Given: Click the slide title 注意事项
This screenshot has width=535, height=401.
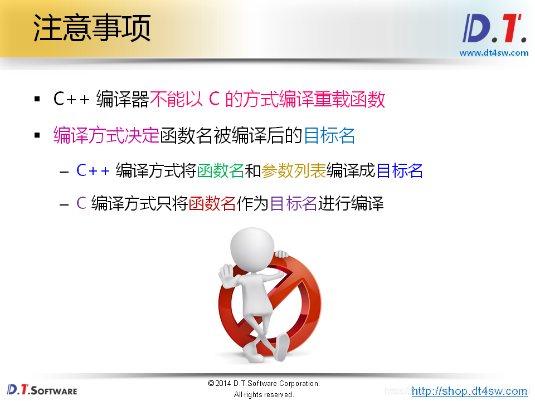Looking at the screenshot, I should click(92, 28).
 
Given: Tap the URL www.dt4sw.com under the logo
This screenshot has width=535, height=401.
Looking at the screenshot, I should click(494, 53).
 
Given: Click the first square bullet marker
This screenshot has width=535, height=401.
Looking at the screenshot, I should click(37, 100).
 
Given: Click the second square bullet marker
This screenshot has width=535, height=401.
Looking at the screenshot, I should click(37, 135).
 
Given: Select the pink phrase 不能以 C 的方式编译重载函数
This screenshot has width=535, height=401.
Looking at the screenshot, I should click(267, 100).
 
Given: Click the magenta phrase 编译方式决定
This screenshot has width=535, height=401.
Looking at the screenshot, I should click(106, 135).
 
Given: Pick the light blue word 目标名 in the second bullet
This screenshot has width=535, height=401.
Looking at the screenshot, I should click(329, 135).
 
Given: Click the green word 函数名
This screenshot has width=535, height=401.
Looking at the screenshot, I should click(221, 170).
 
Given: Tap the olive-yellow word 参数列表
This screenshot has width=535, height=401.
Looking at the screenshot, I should click(294, 170).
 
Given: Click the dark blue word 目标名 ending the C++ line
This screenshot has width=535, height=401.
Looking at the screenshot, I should click(400, 170).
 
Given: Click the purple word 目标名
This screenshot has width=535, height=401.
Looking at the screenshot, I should click(294, 203).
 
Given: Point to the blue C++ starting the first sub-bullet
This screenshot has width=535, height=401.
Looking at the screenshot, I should click(93, 170).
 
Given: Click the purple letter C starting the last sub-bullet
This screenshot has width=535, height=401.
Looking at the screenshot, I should click(81, 203).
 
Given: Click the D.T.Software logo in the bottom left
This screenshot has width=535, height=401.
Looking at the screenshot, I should click(42, 389).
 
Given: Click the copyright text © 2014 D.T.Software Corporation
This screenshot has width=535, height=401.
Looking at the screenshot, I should click(264, 383).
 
